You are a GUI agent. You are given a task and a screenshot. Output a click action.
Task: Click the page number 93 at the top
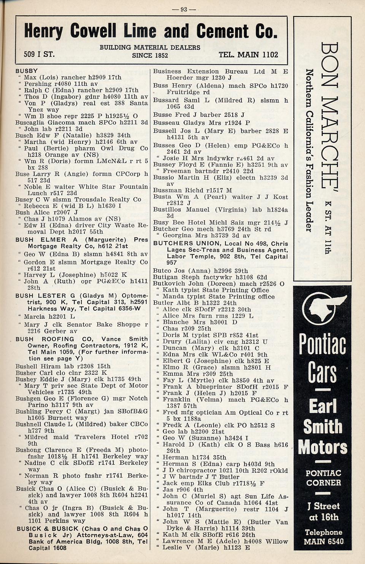(184, 9)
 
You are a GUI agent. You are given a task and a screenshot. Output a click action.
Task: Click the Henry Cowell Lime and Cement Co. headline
(151, 31)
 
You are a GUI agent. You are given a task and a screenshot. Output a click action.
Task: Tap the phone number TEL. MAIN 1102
(248, 55)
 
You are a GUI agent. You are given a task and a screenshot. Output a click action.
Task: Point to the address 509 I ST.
(39, 54)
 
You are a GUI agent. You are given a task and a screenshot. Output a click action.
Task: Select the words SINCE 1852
(150, 55)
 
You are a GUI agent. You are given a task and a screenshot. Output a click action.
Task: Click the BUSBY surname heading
(27, 71)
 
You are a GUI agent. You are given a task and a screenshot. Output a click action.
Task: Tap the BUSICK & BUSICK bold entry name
(48, 529)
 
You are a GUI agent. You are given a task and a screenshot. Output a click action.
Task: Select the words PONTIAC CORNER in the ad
(323, 478)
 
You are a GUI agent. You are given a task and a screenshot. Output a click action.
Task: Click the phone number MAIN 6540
(323, 541)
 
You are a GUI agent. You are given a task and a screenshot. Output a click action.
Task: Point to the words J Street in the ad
(324, 506)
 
